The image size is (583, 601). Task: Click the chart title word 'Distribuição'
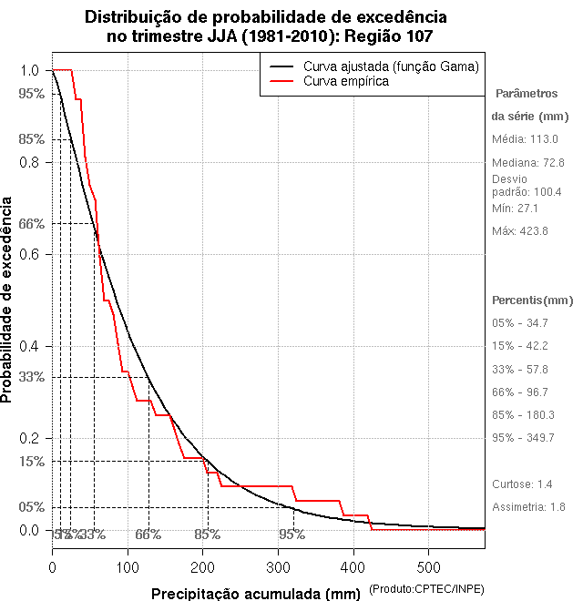(138, 17)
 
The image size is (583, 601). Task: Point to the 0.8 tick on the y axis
(31, 162)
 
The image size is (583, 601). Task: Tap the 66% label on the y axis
(31, 223)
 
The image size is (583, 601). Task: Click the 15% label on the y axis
(31, 462)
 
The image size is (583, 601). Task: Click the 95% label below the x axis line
(292, 535)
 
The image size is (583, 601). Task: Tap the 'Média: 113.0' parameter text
(524, 139)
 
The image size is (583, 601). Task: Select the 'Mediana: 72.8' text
(527, 162)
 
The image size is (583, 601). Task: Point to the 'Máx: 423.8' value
(519, 231)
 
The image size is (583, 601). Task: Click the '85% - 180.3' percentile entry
(523, 415)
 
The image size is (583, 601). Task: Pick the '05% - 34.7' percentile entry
(520, 323)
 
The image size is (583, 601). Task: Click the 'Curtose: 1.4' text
(522, 484)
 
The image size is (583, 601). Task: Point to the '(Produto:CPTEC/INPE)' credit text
(425, 590)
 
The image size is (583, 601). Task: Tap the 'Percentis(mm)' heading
(533, 300)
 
